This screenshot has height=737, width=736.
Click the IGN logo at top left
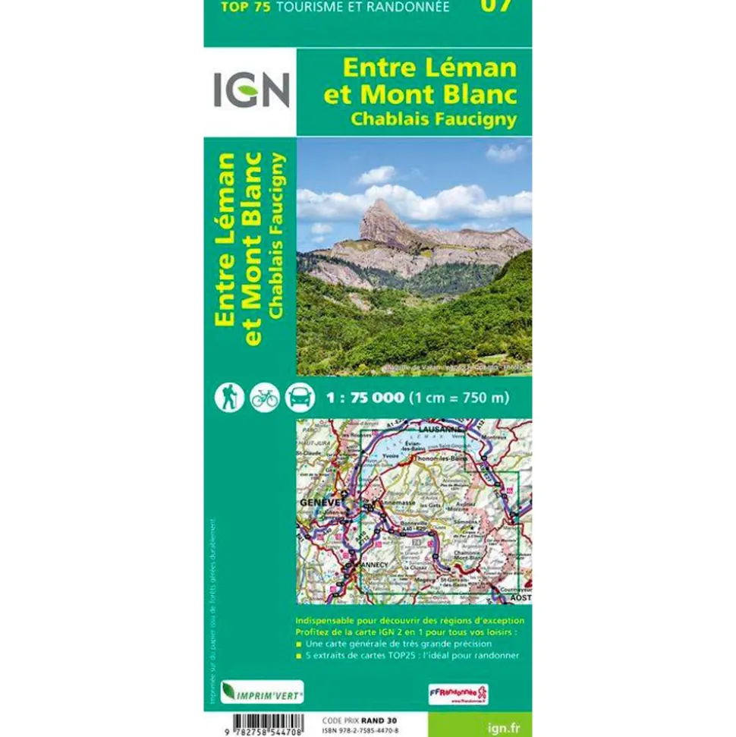(250, 90)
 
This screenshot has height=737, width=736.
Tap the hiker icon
(228, 397)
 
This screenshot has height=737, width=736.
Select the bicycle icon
(264, 397)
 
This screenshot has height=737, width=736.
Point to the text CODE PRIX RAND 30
(360, 720)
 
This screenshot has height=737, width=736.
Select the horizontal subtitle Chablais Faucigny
(433, 118)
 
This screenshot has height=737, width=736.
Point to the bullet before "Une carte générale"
(300, 644)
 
